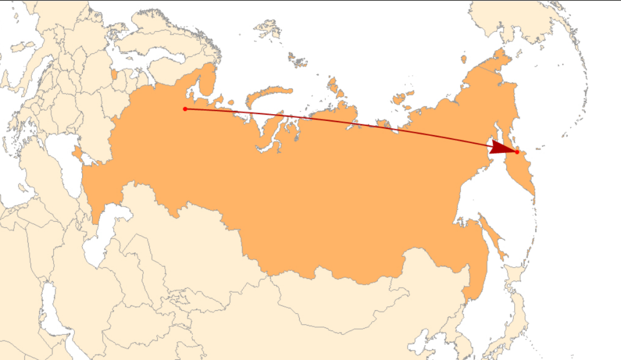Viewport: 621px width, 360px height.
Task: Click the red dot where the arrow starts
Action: coord(185,108)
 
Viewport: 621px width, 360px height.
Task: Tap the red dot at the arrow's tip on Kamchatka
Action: coord(517,152)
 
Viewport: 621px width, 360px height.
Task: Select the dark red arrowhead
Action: coord(502,148)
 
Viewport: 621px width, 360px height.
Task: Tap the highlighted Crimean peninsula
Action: coord(77,153)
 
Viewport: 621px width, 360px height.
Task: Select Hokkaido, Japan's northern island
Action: coord(516,280)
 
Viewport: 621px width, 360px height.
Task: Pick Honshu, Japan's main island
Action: coord(517,319)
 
